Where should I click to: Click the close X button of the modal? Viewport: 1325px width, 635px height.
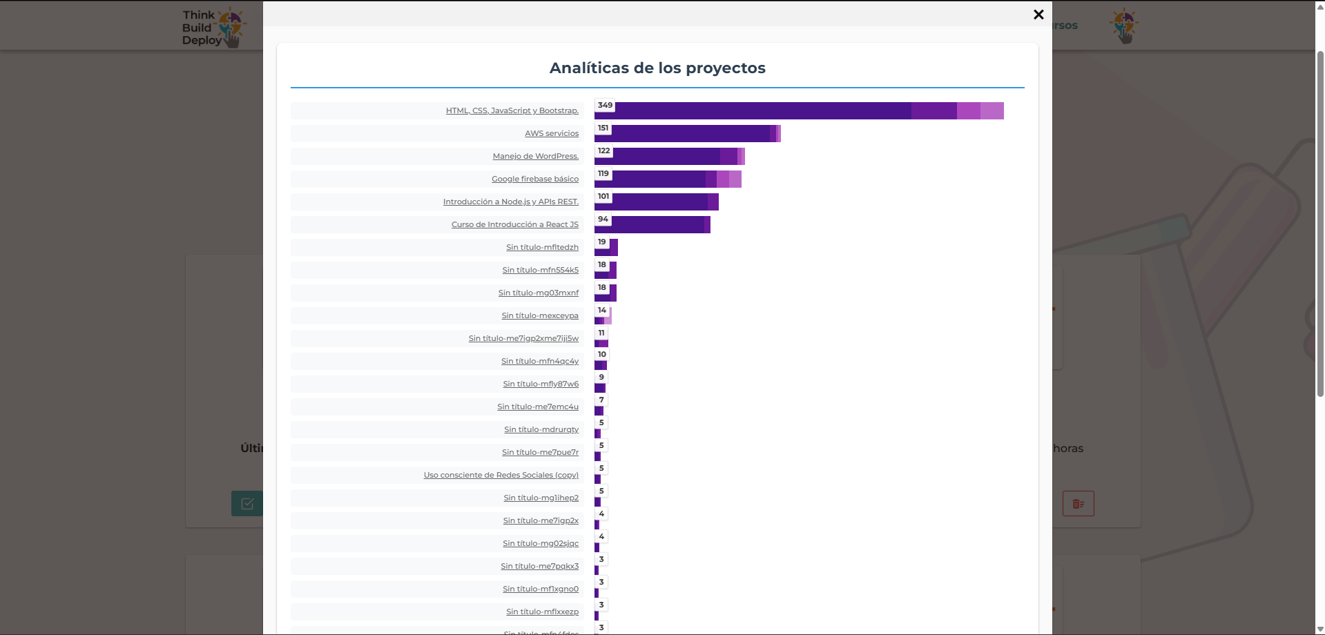coord(1038,14)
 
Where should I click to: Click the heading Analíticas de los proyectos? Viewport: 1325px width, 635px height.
coord(657,68)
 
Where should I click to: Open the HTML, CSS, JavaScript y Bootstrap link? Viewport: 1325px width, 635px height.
coord(512,110)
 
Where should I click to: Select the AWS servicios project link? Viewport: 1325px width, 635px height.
coord(551,133)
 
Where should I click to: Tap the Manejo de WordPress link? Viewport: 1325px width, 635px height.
coord(535,156)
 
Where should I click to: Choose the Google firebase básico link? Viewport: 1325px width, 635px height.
coord(534,179)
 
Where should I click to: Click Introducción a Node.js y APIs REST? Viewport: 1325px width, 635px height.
coord(510,202)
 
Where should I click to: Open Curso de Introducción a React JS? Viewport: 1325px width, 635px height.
coord(514,224)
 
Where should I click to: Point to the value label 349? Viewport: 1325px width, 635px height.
coord(605,105)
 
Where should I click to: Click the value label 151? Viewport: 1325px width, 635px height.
coord(603,128)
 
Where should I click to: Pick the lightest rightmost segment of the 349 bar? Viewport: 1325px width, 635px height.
coord(992,111)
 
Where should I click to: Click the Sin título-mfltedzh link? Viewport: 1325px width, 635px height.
coord(542,247)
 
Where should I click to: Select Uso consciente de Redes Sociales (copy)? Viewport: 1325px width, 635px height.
coord(501,475)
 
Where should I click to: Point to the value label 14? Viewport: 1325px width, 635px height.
coord(601,310)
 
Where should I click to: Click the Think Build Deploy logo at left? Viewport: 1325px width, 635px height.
coord(212,28)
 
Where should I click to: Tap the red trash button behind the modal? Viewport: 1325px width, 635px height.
coord(1078,504)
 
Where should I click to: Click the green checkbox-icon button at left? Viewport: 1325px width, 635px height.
coord(246,504)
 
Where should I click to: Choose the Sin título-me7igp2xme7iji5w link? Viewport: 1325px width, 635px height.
coord(523,338)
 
